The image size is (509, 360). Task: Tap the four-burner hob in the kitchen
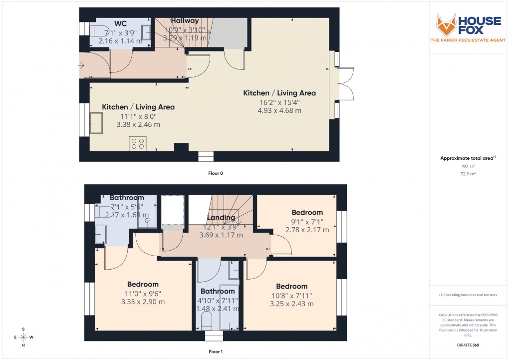tap(138, 143)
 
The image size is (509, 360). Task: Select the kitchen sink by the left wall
tap(95, 123)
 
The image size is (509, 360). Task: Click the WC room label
tap(120, 23)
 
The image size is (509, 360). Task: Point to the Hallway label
tap(185, 20)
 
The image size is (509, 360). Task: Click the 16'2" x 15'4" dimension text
tap(279, 102)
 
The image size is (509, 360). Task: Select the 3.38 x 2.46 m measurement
tap(138, 124)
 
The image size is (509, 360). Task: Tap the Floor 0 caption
tap(216, 173)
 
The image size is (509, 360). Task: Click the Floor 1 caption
tap(216, 352)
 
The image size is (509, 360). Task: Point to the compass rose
tap(23, 337)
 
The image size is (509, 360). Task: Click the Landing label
tap(221, 218)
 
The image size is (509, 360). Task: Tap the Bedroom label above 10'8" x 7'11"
tap(291, 286)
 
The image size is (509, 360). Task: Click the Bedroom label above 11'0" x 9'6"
tap(143, 285)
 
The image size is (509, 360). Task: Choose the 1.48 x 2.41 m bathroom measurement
tap(218, 309)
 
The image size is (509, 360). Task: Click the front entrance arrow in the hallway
tap(82, 64)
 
